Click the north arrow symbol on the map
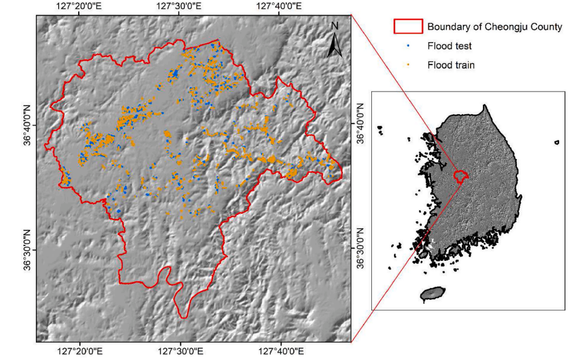point(335,45)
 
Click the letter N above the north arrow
point(335,26)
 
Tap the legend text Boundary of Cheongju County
point(494,27)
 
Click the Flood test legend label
point(449,46)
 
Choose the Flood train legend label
point(451,64)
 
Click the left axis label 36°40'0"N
point(27,125)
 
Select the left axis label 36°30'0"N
point(27,250)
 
